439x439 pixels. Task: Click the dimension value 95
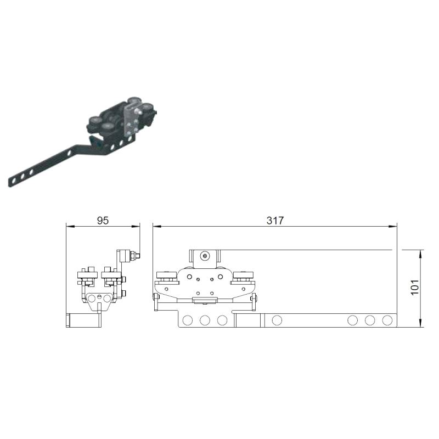coord(103,221)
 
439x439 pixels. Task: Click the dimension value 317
coord(275,221)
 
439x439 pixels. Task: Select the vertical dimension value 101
coord(415,287)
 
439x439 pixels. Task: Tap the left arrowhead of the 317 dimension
coord(157,226)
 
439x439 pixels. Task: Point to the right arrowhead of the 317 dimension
coord(393,226)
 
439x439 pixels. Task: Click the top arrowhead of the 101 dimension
coord(420,254)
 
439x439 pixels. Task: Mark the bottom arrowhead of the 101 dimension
coord(420,323)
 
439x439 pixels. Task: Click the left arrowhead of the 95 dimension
coord(70,226)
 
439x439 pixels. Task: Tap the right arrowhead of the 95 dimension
coord(136,226)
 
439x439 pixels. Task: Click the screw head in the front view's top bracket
coord(205,256)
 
